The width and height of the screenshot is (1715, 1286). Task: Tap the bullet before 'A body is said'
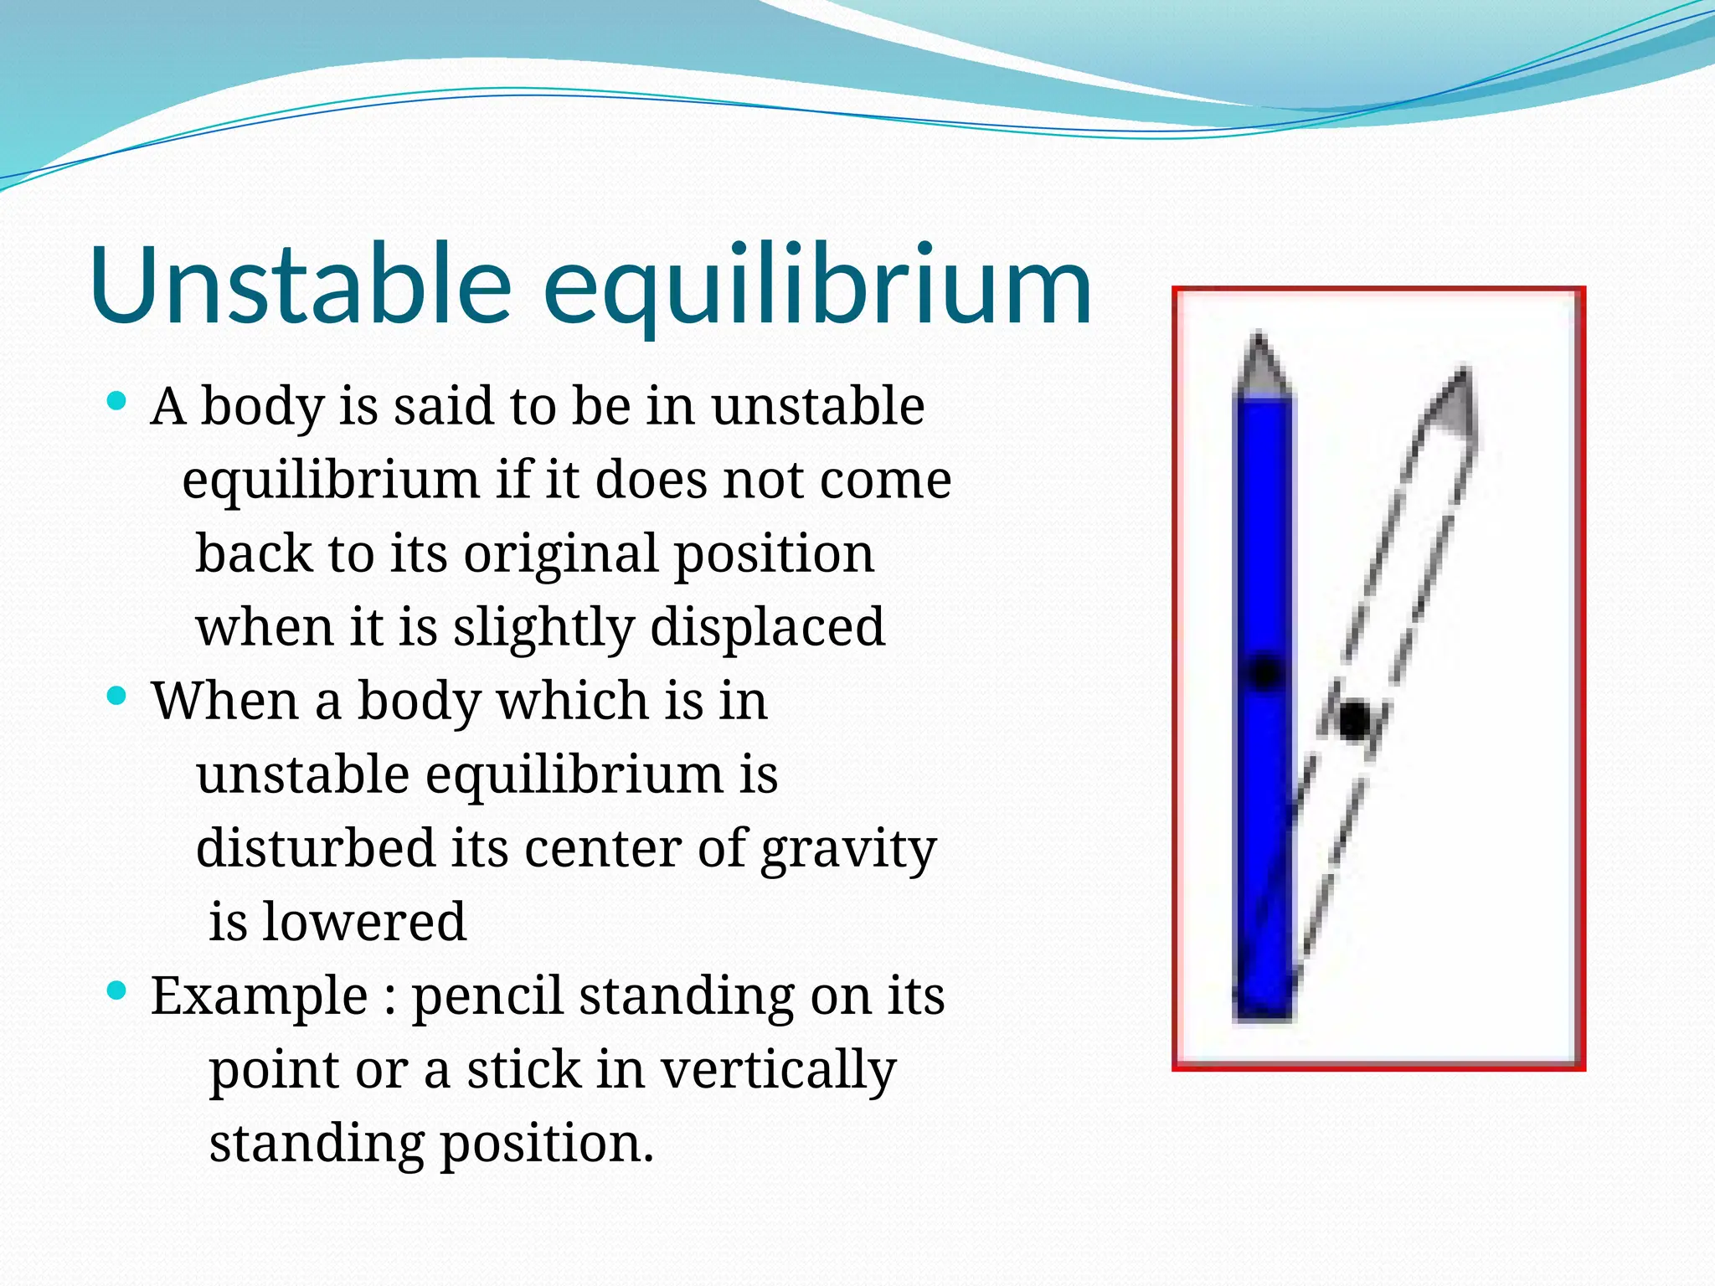point(117,402)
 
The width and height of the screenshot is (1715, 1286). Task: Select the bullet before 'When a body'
point(117,696)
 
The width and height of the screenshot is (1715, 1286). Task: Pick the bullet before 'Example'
point(117,991)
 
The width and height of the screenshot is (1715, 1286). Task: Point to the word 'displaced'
point(767,626)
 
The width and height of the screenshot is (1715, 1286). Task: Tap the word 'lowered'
point(363,922)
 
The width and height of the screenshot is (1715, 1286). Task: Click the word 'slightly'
point(543,628)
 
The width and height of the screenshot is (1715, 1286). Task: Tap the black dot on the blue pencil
point(1265,672)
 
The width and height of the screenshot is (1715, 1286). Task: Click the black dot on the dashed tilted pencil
point(1354,720)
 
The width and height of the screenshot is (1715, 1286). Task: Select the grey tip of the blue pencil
point(1260,367)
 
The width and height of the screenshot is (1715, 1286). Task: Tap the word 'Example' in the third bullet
point(259,996)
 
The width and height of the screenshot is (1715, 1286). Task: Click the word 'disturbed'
point(315,847)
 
